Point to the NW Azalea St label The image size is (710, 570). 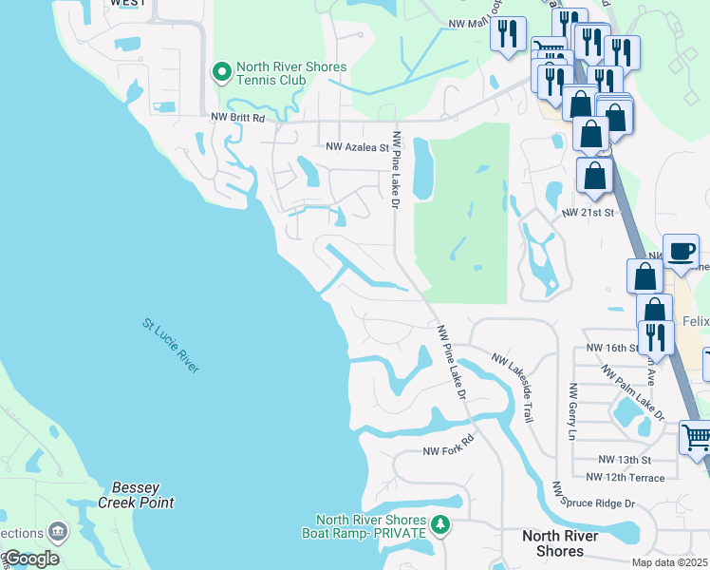click(x=358, y=147)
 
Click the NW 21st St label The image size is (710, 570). click(x=589, y=215)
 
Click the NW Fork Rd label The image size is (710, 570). click(x=447, y=451)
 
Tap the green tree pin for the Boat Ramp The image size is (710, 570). click(x=439, y=524)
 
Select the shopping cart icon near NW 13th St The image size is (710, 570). click(x=696, y=438)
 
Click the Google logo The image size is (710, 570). click(x=31, y=559)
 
